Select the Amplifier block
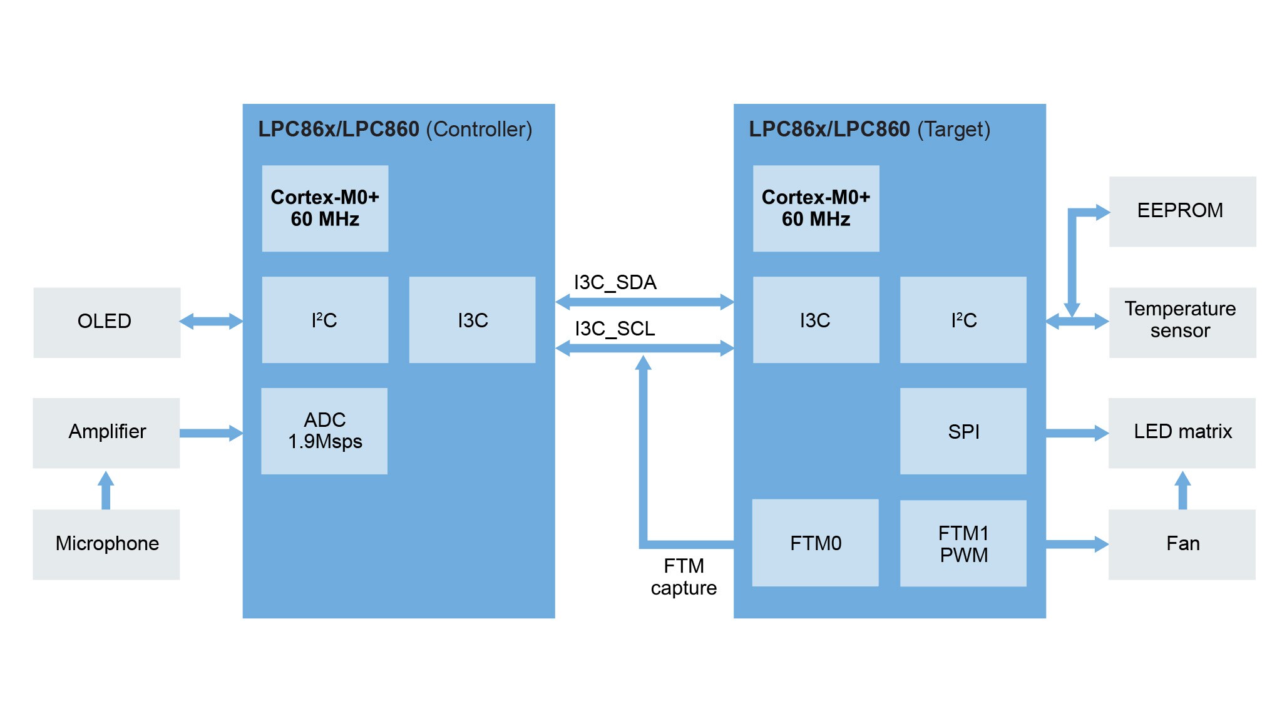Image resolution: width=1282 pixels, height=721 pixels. click(x=106, y=432)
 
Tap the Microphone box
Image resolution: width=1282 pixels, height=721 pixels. click(x=106, y=544)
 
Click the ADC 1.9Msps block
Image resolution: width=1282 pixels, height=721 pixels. click(x=324, y=431)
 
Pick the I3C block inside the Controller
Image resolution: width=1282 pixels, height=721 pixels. click(x=472, y=320)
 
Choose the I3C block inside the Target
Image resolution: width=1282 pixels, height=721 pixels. click(x=816, y=320)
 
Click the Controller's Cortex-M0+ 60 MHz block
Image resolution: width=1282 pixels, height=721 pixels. click(x=325, y=208)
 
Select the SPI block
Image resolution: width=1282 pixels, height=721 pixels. click(x=963, y=431)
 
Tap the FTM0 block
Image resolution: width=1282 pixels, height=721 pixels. click(x=815, y=543)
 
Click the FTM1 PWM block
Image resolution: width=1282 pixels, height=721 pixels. click(x=963, y=543)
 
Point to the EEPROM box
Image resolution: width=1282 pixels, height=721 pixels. click(x=1182, y=212)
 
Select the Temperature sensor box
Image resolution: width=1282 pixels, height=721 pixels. click(x=1182, y=322)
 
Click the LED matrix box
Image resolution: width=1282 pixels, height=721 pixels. click(x=1181, y=432)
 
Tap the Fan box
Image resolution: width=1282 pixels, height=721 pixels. click(x=1181, y=544)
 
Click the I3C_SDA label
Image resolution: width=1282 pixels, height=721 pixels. click(x=615, y=283)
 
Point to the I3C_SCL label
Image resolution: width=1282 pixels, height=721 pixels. click(x=615, y=329)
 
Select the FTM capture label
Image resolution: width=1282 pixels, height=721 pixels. click(x=684, y=577)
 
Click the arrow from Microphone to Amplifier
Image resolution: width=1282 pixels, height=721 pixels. click(x=106, y=490)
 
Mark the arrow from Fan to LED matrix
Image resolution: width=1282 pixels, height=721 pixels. click(x=1182, y=490)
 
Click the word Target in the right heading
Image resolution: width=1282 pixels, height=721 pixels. click(x=953, y=130)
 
